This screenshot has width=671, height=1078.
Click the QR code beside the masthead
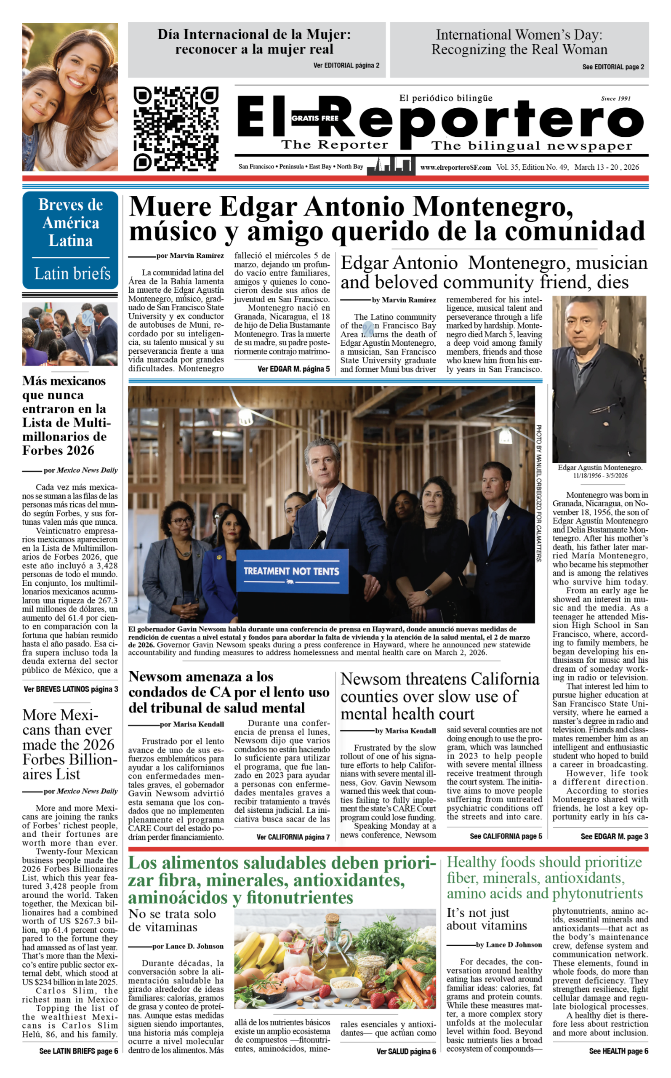tap(176, 129)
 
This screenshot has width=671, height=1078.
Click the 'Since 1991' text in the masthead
tap(615, 99)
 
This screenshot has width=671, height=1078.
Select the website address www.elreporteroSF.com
tap(455, 167)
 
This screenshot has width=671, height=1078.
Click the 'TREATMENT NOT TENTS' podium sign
tap(291, 571)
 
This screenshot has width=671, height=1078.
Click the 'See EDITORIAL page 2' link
tap(613, 67)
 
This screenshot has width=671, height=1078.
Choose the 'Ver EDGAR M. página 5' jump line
tap(293, 369)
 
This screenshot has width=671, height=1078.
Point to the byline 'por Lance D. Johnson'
tap(188, 946)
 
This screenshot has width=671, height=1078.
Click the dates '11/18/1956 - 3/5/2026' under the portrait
tap(600, 475)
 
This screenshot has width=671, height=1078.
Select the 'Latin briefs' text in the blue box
tap(72, 273)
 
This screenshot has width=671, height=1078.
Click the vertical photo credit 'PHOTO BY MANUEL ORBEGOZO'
tap(538, 493)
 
